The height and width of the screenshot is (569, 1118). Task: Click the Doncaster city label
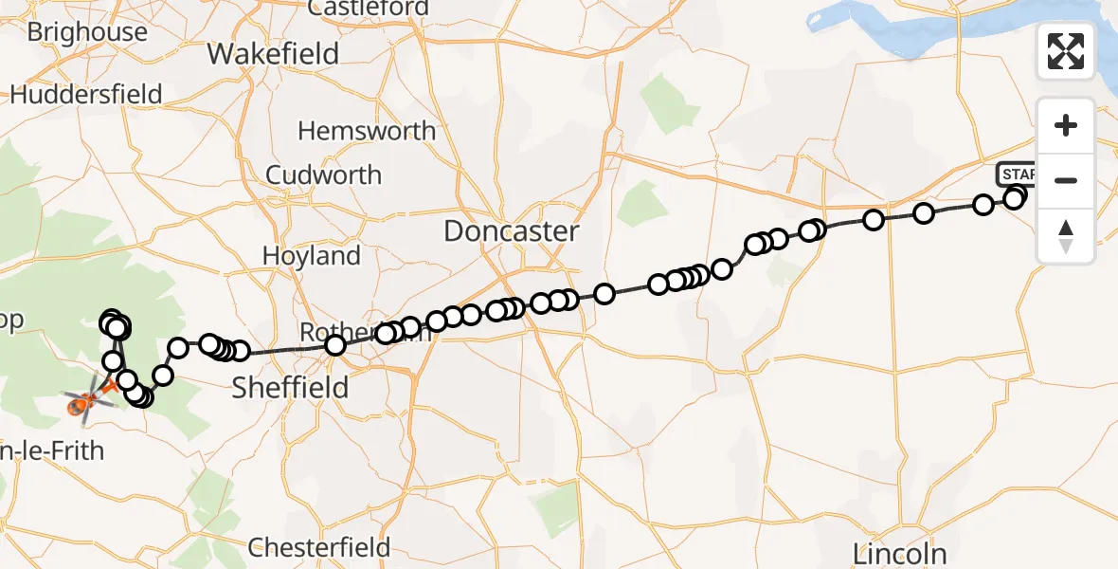point(511,230)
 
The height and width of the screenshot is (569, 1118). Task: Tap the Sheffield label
point(290,387)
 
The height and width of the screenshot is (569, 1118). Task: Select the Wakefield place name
point(273,53)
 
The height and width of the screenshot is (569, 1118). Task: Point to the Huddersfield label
point(86,94)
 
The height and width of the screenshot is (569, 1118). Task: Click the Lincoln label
point(899,553)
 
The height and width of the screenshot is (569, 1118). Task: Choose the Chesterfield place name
point(319,547)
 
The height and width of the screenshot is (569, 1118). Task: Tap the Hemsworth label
point(367,130)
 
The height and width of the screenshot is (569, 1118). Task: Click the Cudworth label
point(324,174)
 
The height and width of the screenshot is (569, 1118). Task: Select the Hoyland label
point(312,256)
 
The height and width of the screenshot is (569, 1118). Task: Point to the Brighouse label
point(87,31)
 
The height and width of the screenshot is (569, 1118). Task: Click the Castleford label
point(369,9)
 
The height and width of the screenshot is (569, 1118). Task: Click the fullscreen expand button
point(1066,51)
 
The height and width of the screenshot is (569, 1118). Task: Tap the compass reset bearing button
point(1066,235)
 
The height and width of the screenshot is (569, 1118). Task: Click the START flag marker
point(1017,174)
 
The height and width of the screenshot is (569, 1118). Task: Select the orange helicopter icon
point(80,405)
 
